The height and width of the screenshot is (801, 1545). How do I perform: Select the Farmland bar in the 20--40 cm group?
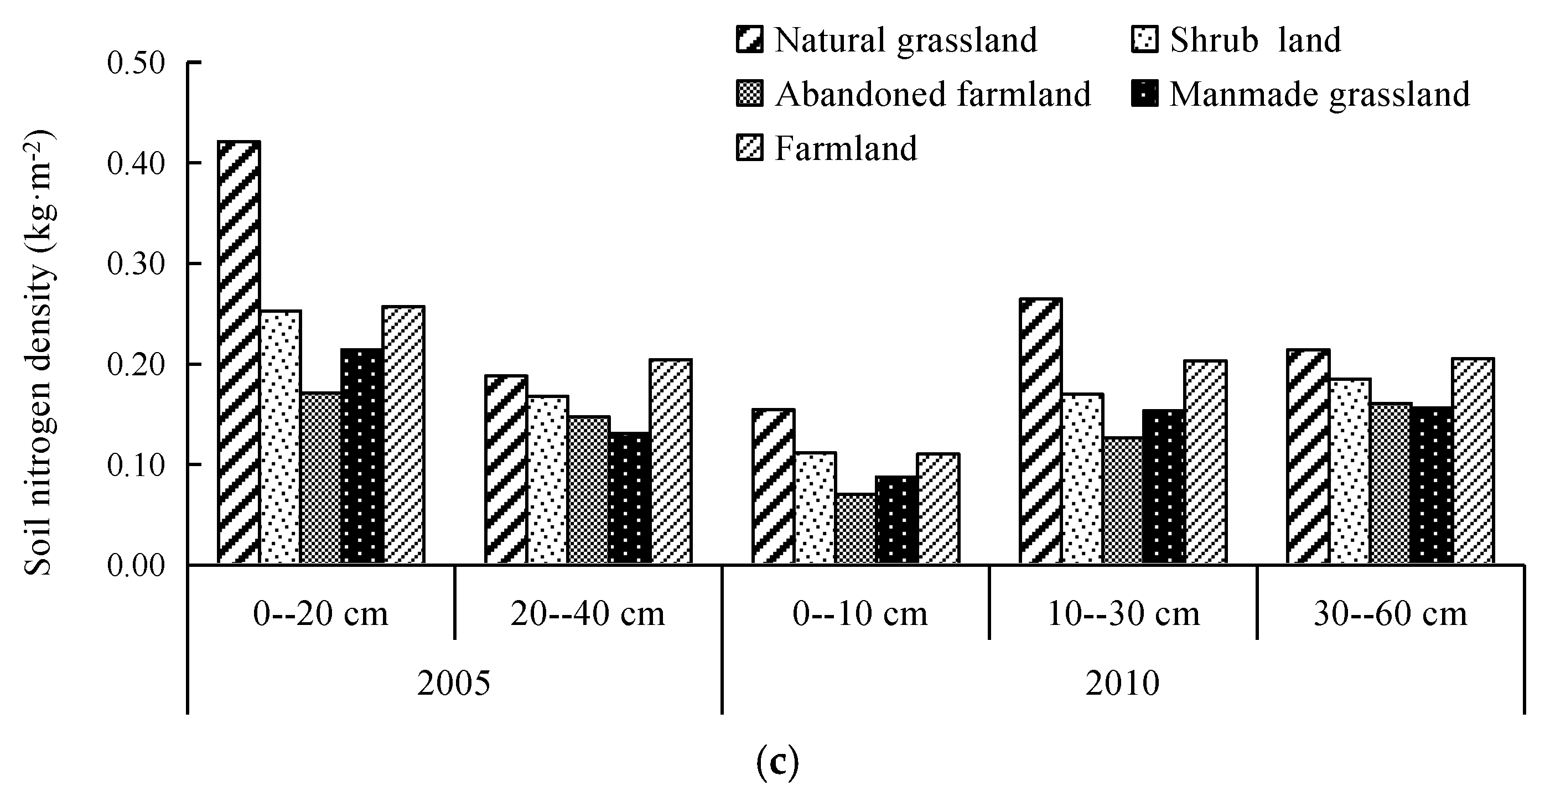[671, 462]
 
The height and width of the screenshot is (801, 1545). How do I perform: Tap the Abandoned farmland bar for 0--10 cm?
[856, 529]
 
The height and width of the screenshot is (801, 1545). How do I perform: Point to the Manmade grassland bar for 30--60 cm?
[1432, 485]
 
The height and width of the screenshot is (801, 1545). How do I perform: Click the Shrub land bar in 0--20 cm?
[281, 437]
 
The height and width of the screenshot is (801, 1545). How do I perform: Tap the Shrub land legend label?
[1254, 40]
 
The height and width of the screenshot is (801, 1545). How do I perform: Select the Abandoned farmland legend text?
[932, 94]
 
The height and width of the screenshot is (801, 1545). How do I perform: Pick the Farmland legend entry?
[846, 148]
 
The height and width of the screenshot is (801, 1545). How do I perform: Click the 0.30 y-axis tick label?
[136, 264]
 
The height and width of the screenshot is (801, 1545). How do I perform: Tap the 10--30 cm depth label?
[1123, 614]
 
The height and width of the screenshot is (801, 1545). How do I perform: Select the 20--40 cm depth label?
[588, 614]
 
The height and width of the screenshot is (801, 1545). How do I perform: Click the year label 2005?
[453, 684]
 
